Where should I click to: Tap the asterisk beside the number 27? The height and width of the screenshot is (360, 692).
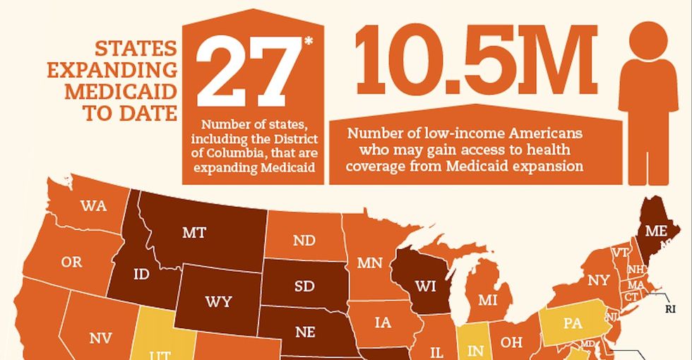[309, 41]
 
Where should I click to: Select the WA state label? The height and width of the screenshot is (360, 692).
[93, 206]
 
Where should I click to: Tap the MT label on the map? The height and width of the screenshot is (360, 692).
[193, 232]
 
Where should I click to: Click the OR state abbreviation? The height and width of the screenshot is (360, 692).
[71, 262]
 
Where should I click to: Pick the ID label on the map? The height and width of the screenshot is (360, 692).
[141, 275]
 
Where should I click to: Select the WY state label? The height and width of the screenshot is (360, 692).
[218, 301]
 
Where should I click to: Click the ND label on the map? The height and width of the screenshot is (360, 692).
[304, 241]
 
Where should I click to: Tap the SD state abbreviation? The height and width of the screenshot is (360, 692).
[304, 287]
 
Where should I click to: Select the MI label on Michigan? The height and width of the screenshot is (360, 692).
[487, 300]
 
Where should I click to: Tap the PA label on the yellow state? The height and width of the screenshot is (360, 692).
[572, 324]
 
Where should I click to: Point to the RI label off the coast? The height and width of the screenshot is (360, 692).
[670, 308]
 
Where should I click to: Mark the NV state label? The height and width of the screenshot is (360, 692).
[100, 338]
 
